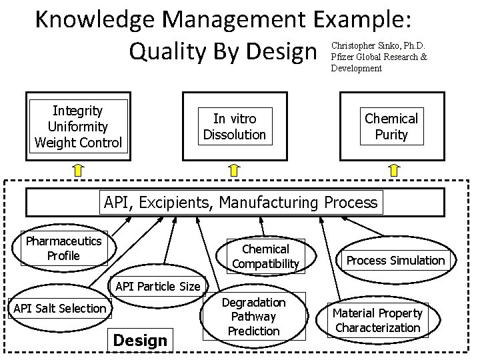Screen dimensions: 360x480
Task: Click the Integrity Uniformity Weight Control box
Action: click(78, 127)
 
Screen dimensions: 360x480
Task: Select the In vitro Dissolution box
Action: click(234, 127)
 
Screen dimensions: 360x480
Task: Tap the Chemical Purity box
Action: click(391, 127)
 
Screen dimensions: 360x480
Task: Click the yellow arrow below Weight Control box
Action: click(78, 171)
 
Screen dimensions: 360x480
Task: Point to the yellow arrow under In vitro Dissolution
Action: click(235, 171)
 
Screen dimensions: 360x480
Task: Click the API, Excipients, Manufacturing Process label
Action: click(240, 202)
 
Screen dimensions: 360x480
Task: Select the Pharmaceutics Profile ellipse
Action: click(63, 249)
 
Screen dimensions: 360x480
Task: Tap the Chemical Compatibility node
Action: click(265, 257)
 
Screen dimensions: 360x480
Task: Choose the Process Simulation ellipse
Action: click(395, 261)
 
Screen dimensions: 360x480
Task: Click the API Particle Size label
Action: click(157, 287)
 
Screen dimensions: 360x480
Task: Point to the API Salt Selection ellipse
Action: click(60, 308)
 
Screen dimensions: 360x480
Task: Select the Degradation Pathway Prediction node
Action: click(253, 317)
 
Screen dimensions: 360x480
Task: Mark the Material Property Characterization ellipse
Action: click(377, 320)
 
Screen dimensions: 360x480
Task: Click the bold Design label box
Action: click(141, 341)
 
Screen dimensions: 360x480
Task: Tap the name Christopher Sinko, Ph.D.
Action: click(378, 46)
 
